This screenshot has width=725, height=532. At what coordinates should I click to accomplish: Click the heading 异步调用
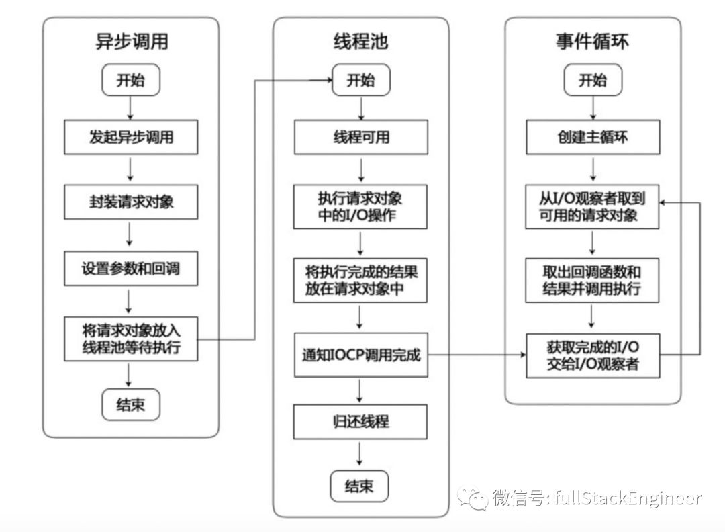tap(131, 42)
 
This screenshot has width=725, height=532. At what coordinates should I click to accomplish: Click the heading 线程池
tap(361, 42)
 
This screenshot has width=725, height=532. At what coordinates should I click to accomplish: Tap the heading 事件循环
tap(592, 42)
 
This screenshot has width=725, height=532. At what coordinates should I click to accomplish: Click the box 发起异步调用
tap(131, 137)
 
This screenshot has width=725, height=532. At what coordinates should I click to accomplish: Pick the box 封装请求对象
tap(131, 202)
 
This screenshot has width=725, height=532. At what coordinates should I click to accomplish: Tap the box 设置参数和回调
tap(131, 268)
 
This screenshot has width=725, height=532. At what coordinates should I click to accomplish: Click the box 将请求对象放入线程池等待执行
tap(131, 339)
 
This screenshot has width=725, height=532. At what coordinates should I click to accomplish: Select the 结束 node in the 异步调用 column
tap(130, 405)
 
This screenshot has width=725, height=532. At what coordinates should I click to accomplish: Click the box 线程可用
tap(361, 137)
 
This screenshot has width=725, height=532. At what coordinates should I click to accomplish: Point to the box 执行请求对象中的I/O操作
tap(361, 208)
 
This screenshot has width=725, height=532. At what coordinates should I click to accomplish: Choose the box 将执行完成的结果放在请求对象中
tap(361, 281)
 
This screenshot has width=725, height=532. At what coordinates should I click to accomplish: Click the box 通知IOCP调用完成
tap(361, 354)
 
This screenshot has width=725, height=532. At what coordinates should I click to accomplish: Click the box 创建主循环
tap(592, 137)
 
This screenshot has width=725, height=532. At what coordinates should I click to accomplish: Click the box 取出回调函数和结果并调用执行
tap(592, 281)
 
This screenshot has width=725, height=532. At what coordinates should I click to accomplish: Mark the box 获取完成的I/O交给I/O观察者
tap(592, 354)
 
